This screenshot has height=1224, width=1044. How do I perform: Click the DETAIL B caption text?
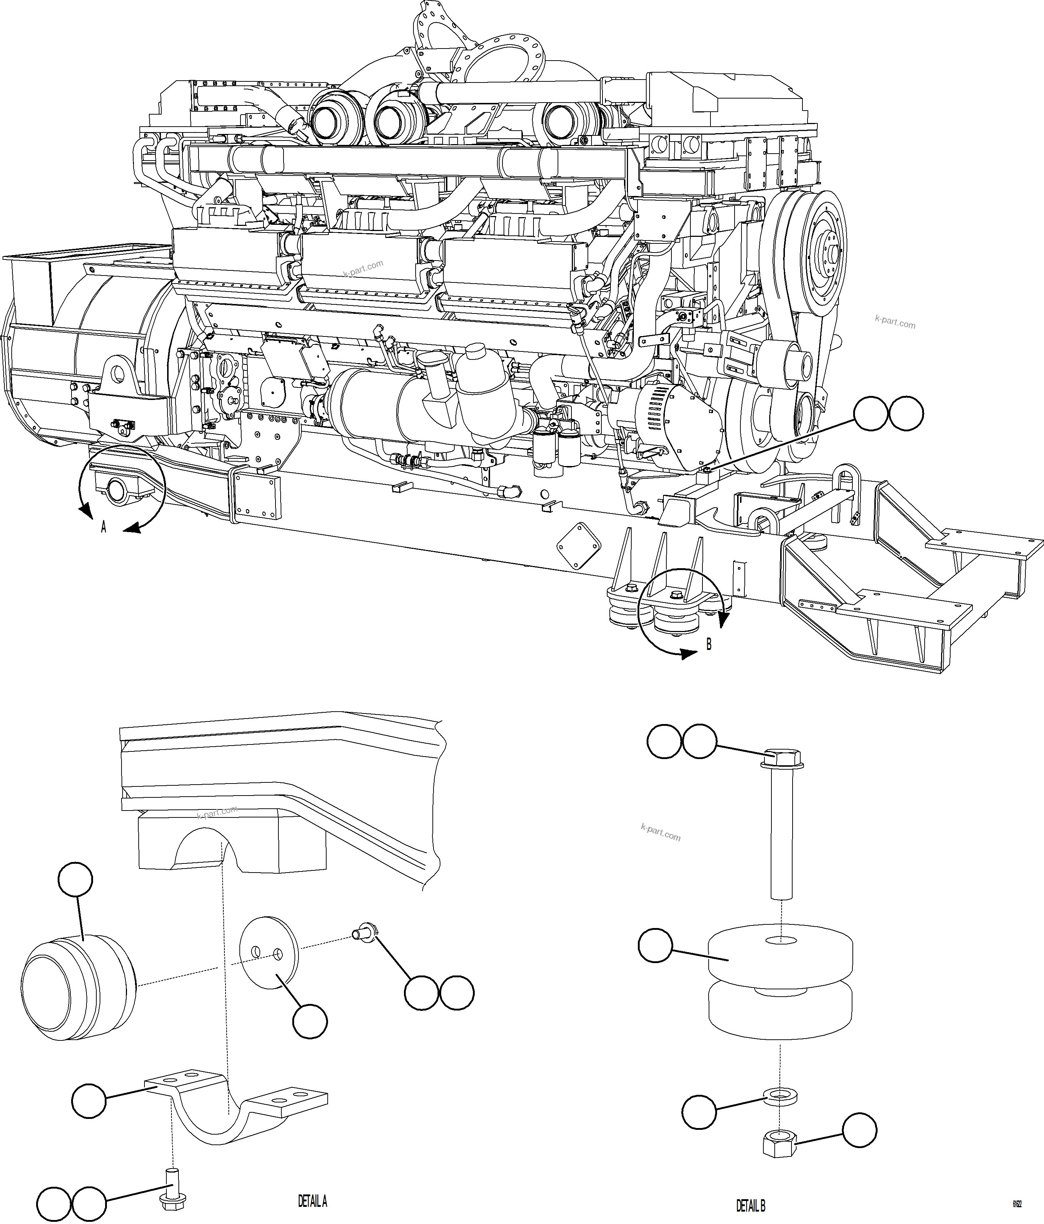750,1205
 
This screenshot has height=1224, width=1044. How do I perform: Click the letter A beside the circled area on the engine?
103,527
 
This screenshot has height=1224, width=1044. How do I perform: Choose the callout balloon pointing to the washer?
699,1111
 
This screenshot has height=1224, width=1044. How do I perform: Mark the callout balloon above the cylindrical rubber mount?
76,880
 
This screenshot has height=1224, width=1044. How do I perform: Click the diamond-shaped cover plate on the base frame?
579,539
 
